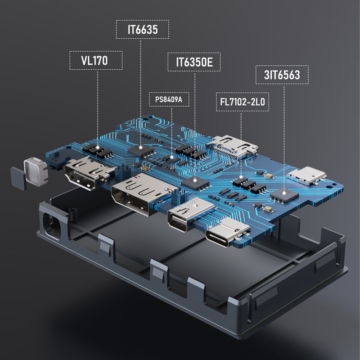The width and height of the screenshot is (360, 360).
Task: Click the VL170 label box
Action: coord(96,60)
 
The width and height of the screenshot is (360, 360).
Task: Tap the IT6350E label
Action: coord(194,63)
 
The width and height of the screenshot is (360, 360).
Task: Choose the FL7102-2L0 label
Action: coord(242,103)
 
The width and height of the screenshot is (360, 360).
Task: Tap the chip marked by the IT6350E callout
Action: coord(196,181)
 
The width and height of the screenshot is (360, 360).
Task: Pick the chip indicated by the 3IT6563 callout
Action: coord(284,194)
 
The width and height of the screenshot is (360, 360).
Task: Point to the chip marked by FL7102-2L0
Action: coord(243,181)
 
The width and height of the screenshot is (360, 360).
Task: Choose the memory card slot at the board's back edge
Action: coord(232,146)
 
